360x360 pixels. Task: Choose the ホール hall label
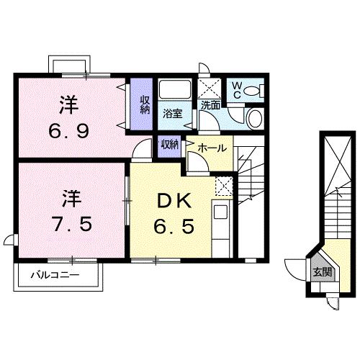click(212, 148)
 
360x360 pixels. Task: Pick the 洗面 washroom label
click(210, 106)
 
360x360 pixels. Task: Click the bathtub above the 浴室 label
click(174, 91)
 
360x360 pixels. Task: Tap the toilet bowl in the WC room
click(253, 91)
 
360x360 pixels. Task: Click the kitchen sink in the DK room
click(220, 214)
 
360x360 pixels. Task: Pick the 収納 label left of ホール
click(170, 144)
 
